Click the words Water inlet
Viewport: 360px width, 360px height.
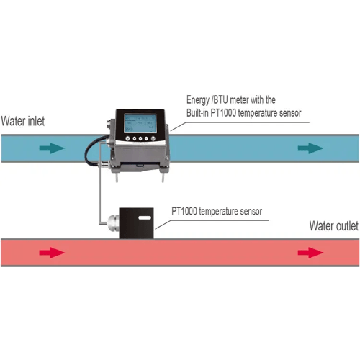click(x=23, y=121)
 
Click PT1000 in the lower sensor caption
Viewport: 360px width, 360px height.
click(x=188, y=212)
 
